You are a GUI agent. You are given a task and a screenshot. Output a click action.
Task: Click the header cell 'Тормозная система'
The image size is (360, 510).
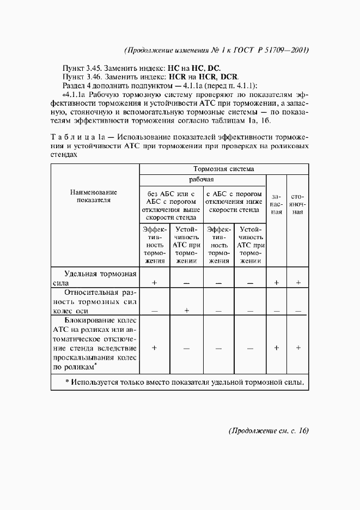coord(224,169)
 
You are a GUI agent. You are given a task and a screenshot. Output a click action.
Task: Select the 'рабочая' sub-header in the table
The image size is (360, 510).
coord(202,179)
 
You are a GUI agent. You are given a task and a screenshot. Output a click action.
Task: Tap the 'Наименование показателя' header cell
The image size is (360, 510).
coord(95,196)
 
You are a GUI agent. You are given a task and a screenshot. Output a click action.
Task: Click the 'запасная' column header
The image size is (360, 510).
coord(277,203)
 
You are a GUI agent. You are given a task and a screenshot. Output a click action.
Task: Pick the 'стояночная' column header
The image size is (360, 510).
coord(297,203)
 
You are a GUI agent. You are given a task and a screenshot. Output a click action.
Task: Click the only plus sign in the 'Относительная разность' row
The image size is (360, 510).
coord(186,311)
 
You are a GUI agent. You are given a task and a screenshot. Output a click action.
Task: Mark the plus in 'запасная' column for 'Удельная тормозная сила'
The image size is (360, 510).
coord(277,283)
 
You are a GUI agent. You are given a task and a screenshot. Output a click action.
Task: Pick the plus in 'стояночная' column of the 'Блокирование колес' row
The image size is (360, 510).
coord(298,348)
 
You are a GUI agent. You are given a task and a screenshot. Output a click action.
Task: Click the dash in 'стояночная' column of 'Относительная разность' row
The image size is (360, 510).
coord(298,311)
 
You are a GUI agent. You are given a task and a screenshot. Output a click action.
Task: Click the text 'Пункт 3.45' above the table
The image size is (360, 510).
coord(82,69)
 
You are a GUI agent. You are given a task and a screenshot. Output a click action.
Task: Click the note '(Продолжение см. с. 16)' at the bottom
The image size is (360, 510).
coord(268,430)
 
